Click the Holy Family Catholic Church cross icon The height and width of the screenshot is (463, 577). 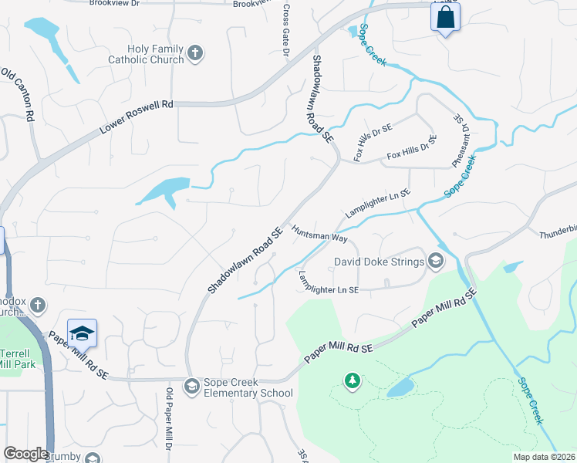click(196, 53)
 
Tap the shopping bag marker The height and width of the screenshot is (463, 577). click(445, 18)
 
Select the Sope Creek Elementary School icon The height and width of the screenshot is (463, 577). click(191, 385)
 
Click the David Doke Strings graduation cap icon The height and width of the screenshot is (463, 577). click(435, 262)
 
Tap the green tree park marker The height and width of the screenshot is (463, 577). click(353, 380)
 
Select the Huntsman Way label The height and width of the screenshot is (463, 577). click(319, 234)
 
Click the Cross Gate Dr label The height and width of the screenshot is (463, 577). click(285, 31)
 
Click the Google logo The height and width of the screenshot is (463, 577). click(25, 454)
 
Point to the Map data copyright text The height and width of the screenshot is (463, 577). click(543, 457)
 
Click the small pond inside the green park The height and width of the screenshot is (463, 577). click(400, 387)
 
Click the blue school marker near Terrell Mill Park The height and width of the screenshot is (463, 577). click(82, 333)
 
